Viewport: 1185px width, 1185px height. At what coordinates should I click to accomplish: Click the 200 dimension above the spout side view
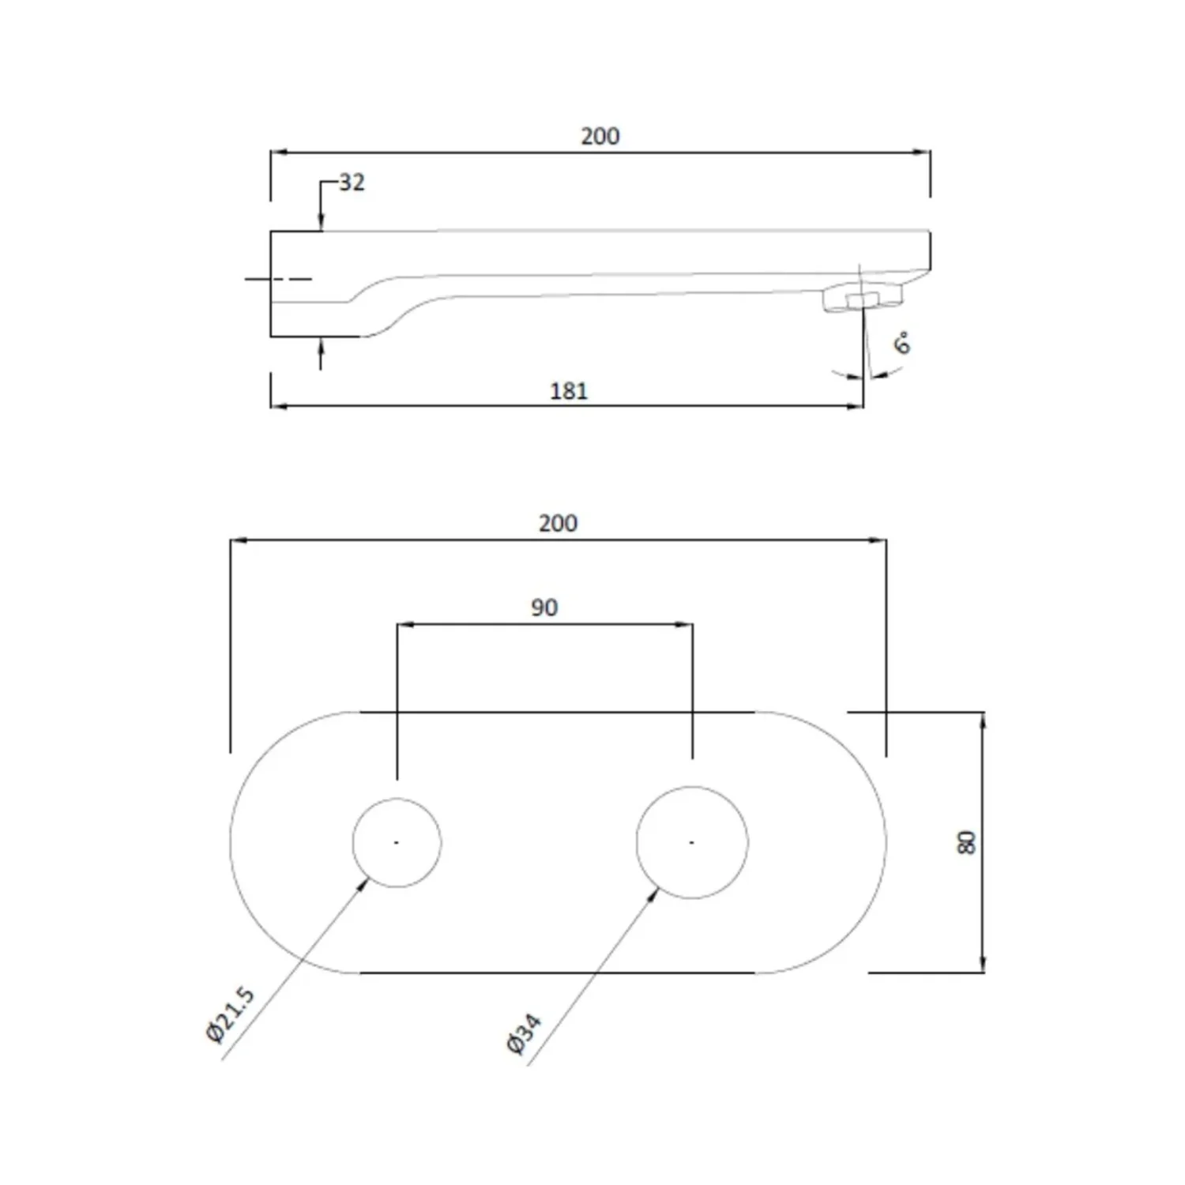coord(600,136)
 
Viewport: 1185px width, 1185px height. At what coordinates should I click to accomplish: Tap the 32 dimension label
coord(352,182)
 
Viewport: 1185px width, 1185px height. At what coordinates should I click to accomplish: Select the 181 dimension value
coord(569,391)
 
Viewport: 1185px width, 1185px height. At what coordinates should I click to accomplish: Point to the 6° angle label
coord(901,344)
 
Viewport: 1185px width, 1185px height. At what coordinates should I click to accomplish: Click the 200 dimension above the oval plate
coord(558,523)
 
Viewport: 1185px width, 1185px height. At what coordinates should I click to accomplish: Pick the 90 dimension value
coord(544,608)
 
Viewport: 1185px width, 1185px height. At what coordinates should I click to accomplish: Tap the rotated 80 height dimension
coord(966,842)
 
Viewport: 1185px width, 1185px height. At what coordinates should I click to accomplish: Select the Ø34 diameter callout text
coord(524,1034)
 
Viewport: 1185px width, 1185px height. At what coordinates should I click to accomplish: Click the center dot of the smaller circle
coord(397,842)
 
